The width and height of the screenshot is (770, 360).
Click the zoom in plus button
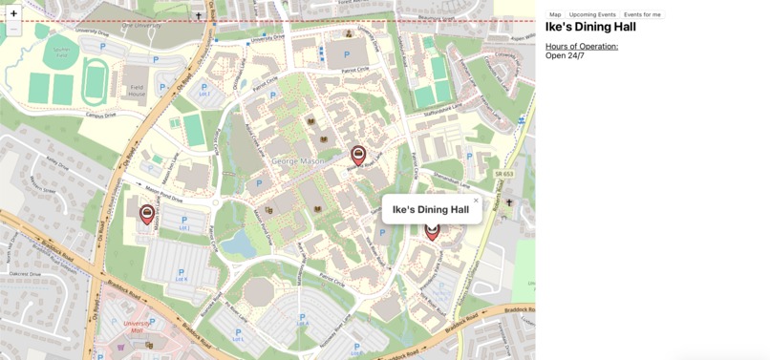(13, 13)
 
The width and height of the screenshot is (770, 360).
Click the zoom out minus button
(13, 30)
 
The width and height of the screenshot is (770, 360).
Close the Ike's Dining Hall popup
(476, 201)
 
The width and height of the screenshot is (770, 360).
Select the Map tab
(555, 14)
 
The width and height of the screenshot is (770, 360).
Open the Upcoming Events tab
(592, 14)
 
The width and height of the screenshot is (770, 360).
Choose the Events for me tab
(642, 14)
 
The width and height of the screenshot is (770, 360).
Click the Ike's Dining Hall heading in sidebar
(590, 28)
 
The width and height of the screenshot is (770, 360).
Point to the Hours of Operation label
(582, 46)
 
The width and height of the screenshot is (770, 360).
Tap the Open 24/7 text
(565, 55)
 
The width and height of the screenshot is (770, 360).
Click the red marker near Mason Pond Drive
(147, 215)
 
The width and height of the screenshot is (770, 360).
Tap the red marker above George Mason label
(358, 156)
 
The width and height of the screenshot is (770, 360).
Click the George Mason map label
(297, 161)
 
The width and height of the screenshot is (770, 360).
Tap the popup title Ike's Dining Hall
(430, 210)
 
